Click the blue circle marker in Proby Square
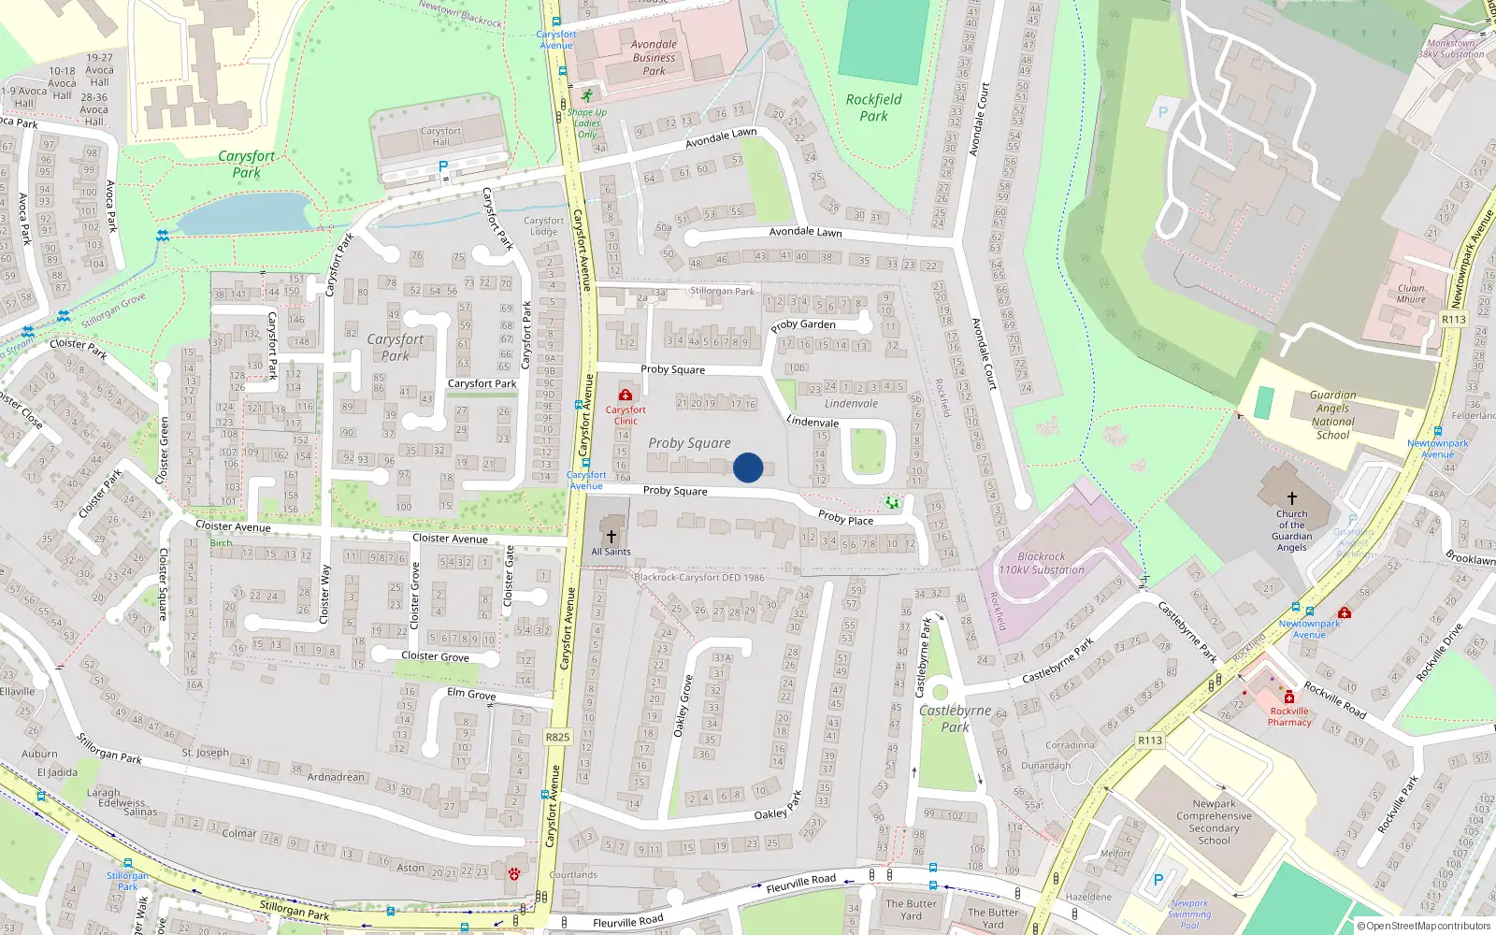pos(748,467)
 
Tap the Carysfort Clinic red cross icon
pos(626,396)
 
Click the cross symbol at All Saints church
pos(611,536)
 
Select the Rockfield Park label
pos(873,108)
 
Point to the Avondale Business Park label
pos(654,57)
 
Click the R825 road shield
pos(557,737)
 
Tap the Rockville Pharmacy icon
pos(1289,697)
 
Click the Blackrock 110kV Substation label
pos(1042,563)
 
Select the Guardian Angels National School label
pos(1332,415)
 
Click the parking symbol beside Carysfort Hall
pos(443,166)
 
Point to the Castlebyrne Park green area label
pos(955,718)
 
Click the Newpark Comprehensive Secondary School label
pos(1214,822)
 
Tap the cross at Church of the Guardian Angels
pos(1292,498)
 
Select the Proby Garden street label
pos(803,324)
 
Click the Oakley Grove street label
pos(683,706)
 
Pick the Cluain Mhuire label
pos(1411,294)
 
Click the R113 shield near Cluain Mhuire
pos(1454,319)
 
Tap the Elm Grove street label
pos(471,694)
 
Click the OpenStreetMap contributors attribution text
pos(1425,926)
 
